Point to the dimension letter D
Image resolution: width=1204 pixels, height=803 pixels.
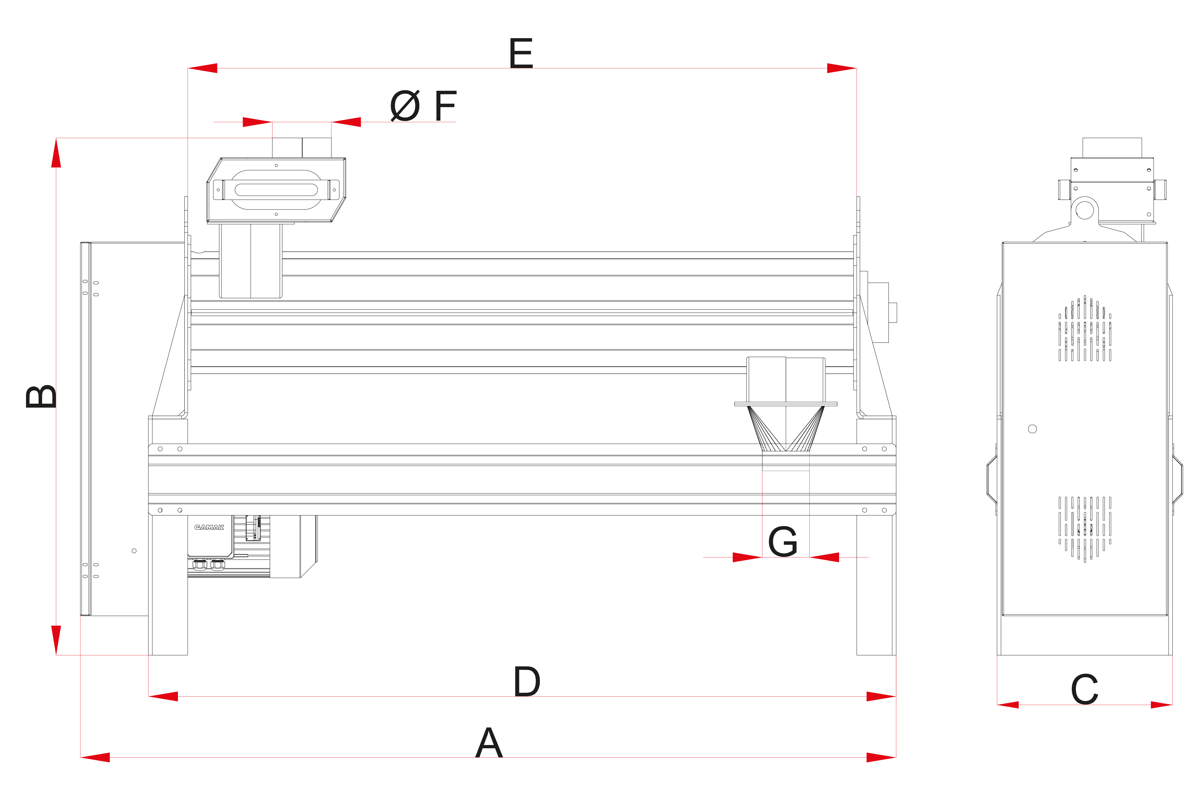click(x=527, y=682)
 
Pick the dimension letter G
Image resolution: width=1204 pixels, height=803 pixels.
click(x=783, y=542)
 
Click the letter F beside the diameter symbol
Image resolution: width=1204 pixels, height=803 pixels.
click(x=445, y=106)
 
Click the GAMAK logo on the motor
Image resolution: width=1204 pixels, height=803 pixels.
click(x=209, y=527)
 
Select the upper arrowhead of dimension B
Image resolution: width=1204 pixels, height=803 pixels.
click(x=56, y=153)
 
